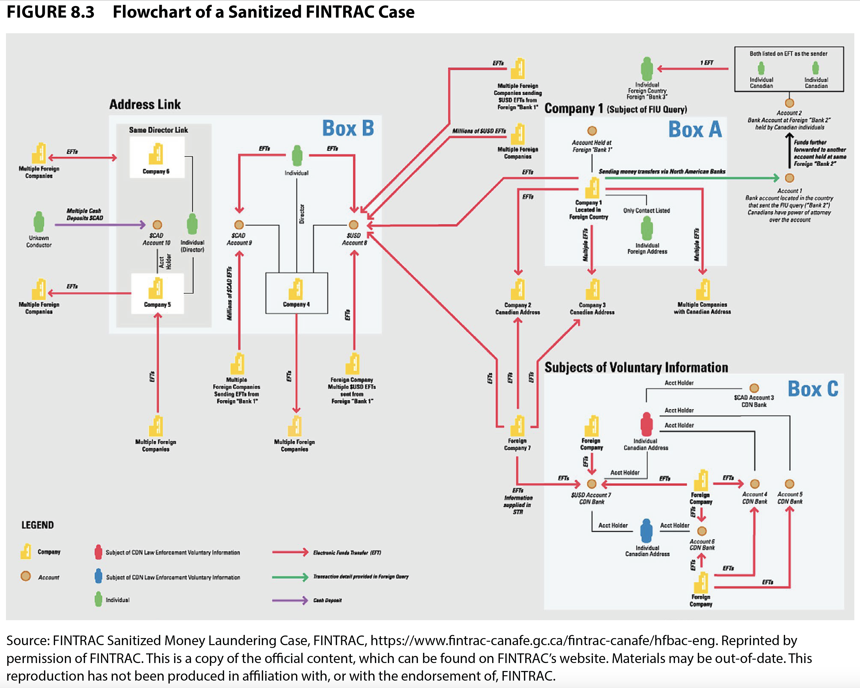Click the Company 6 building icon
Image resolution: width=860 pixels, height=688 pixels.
pyautogui.click(x=156, y=154)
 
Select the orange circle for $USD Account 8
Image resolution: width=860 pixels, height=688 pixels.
pyautogui.click(x=353, y=225)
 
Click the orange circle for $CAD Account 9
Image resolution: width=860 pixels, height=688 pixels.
pyautogui.click(x=239, y=225)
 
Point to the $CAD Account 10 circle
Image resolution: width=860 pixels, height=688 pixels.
pyautogui.click(x=158, y=225)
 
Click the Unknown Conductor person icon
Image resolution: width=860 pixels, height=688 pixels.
pyautogui.click(x=39, y=222)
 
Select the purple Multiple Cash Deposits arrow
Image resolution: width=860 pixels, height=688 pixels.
pyautogui.click(x=100, y=225)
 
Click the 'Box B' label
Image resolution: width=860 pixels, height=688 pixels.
pyautogui.click(x=348, y=128)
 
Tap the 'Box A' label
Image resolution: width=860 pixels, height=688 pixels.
pyautogui.click(x=695, y=130)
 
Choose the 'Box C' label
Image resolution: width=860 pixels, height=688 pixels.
pyautogui.click(x=813, y=389)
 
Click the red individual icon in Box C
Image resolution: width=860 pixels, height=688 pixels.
pyautogui.click(x=646, y=424)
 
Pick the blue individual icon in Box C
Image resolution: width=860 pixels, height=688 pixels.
pyautogui.click(x=646, y=531)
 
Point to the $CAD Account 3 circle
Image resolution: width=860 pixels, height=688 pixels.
pyautogui.click(x=754, y=388)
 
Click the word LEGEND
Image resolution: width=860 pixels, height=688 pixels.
pyautogui.click(x=37, y=525)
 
